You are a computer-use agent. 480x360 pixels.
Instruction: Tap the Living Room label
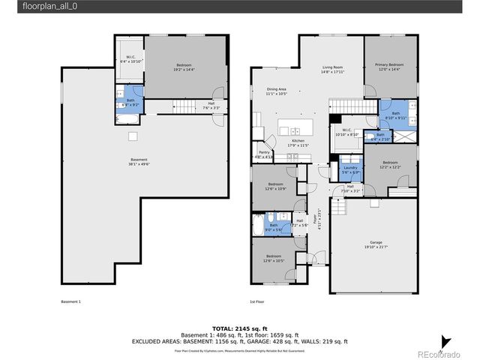331,69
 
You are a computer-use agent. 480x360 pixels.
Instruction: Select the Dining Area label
276,91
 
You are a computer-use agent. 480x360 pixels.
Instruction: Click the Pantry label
264,154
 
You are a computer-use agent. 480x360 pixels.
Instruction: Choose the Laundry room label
351,169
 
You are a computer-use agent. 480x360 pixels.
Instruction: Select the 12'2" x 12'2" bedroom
390,165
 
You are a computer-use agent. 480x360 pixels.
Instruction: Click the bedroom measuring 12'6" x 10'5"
274,258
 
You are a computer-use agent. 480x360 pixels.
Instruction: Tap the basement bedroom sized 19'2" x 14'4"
184,67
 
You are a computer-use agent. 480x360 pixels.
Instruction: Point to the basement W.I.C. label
130,59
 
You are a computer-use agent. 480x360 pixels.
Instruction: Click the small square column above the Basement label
133,136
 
